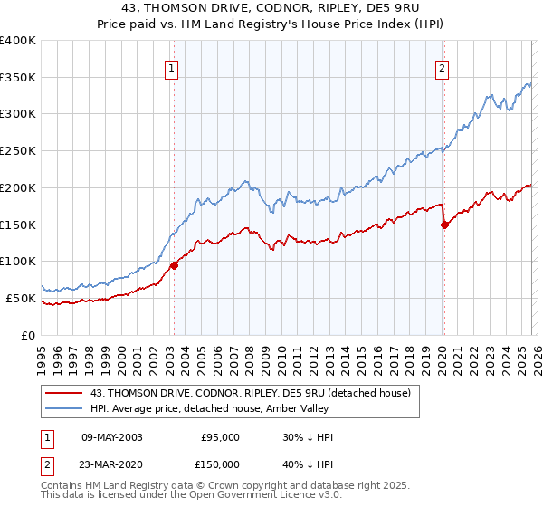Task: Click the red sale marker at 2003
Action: pos(174,265)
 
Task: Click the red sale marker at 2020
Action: pos(444,225)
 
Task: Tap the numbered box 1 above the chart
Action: pos(172,66)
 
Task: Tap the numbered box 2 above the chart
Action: pos(443,66)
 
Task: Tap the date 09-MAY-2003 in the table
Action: pos(111,437)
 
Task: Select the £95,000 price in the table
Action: pos(220,437)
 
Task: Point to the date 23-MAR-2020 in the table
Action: pos(111,464)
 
